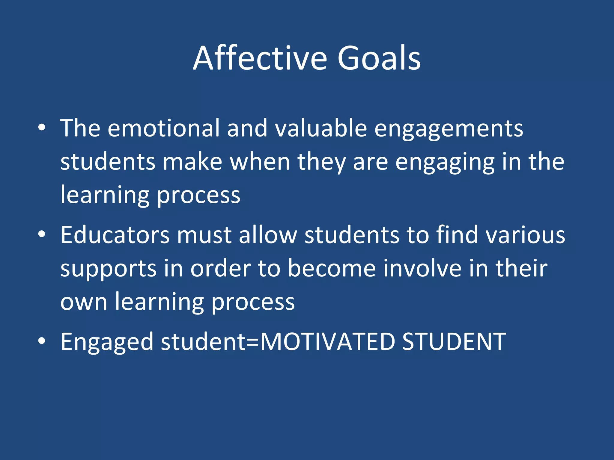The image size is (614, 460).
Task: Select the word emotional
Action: [x=164, y=128]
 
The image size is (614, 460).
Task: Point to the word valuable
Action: [x=321, y=128]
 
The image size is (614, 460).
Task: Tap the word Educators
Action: [x=115, y=235]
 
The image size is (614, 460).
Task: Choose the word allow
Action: [x=268, y=235]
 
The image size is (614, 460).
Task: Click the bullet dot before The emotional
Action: [x=42, y=128]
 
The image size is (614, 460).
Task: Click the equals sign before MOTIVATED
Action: [x=253, y=342]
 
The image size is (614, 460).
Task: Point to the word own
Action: [x=84, y=302]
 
